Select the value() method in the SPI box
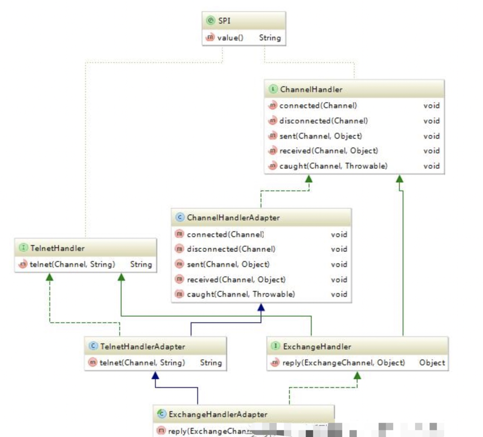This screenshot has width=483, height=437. click(x=230, y=38)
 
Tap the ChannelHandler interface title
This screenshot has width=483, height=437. click(x=311, y=90)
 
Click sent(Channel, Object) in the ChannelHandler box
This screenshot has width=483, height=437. click(x=320, y=136)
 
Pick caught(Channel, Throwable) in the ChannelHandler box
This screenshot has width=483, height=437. click(x=333, y=166)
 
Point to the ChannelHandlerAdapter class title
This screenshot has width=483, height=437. click(x=233, y=217)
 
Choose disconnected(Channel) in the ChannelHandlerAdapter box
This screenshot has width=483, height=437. click(x=231, y=249)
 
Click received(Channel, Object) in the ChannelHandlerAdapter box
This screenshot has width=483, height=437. click(x=236, y=279)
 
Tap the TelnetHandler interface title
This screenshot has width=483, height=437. click(x=57, y=248)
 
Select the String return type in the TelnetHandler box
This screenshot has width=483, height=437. click(x=141, y=264)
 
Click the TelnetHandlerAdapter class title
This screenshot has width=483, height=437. click(x=142, y=346)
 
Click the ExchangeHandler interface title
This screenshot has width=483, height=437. click(x=317, y=346)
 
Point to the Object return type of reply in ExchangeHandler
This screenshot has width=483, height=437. click(x=432, y=363)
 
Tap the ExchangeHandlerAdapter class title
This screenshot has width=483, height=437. click(x=218, y=414)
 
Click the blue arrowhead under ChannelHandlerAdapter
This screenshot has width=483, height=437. click(x=261, y=307)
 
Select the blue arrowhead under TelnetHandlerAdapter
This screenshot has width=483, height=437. click(x=155, y=375)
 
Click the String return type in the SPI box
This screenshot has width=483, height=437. click(x=270, y=38)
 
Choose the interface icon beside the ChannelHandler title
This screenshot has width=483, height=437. click(x=273, y=90)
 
